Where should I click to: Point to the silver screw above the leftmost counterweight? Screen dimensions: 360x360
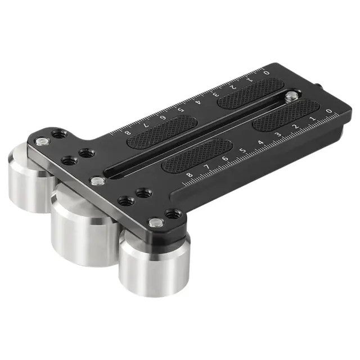tap(42, 142)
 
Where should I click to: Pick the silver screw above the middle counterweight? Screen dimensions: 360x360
tap(98, 181)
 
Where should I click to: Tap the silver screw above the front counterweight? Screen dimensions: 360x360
tap(156, 223)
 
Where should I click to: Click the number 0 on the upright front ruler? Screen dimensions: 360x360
tap(329, 111)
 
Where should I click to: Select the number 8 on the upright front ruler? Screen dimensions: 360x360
tap(190, 175)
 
